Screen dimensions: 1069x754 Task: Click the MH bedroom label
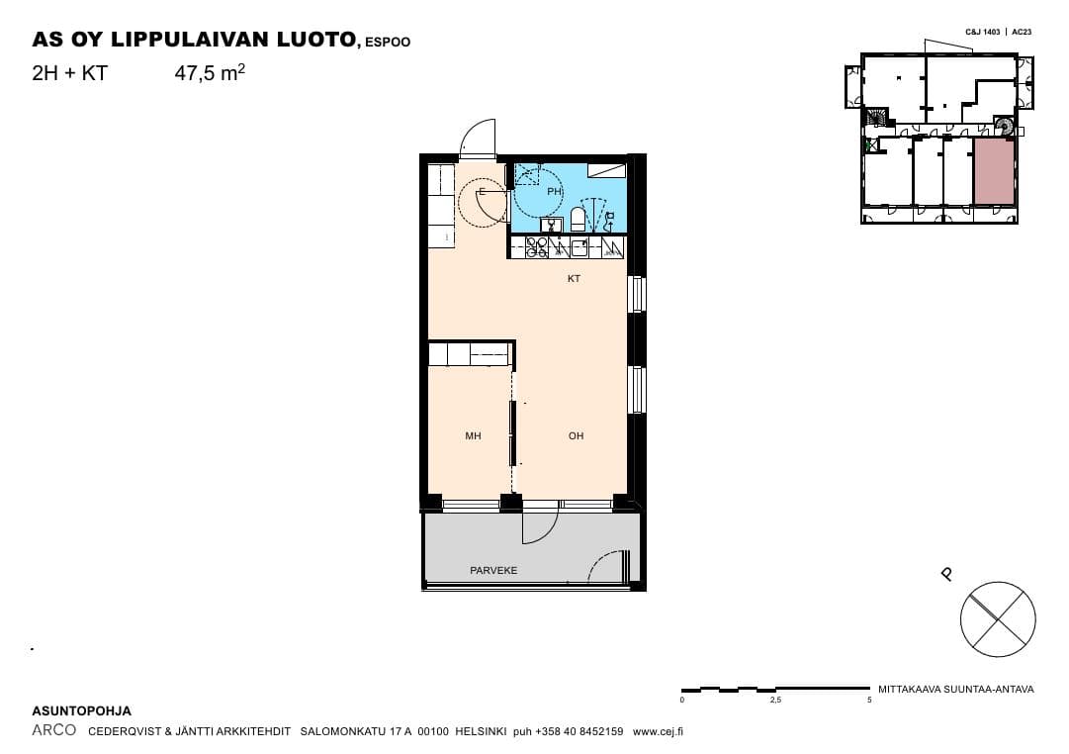click(x=473, y=436)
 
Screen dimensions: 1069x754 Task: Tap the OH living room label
click(x=577, y=436)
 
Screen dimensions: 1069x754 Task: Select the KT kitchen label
click(x=574, y=278)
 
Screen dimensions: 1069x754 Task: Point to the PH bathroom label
click(x=554, y=192)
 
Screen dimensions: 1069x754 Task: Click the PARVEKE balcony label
click(x=493, y=570)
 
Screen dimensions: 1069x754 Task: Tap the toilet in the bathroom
click(x=578, y=219)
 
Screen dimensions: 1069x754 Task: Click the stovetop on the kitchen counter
click(x=537, y=246)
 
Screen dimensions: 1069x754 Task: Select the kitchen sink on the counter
click(x=579, y=247)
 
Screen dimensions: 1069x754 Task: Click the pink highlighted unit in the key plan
click(x=993, y=171)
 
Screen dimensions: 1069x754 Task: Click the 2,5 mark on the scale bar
click(x=775, y=701)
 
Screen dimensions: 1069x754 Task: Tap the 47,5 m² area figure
click(x=210, y=72)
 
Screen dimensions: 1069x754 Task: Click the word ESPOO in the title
click(x=388, y=43)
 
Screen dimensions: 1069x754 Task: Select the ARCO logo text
click(x=53, y=730)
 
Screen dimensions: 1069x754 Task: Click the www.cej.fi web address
click(x=658, y=731)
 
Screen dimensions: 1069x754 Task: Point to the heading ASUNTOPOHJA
click(x=82, y=711)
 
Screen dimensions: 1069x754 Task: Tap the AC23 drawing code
click(x=1022, y=32)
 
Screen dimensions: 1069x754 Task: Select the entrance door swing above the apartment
click(x=478, y=139)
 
